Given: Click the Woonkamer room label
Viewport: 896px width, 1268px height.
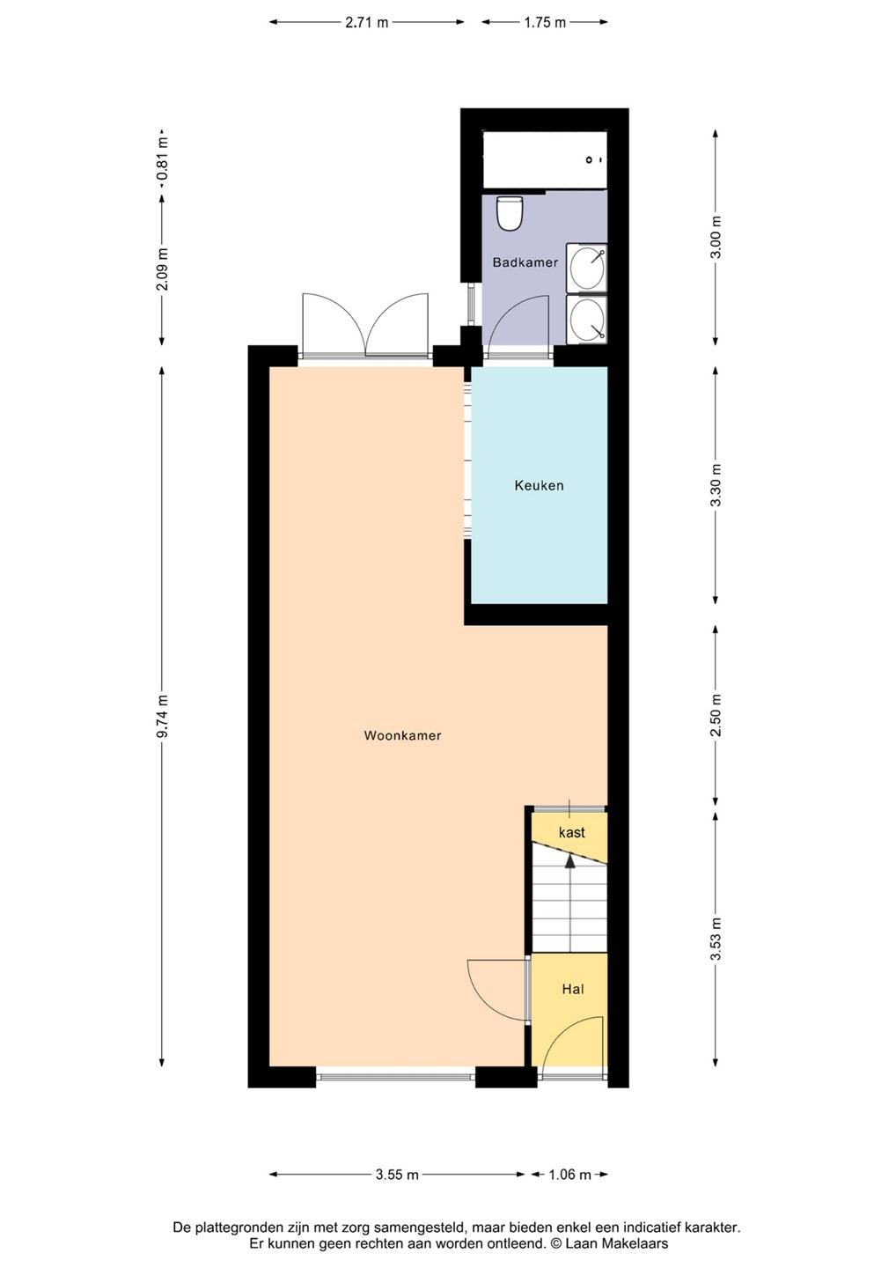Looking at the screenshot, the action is pos(402,735).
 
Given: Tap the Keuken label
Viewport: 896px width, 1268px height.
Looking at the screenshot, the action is pos(539,485).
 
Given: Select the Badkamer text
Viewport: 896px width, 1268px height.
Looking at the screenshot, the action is pos(525,262).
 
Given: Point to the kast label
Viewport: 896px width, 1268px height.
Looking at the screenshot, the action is pos(571,832).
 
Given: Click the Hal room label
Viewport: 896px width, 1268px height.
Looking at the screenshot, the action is pos(573,989).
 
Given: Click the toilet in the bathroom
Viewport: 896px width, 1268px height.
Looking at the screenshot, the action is pos(509,213).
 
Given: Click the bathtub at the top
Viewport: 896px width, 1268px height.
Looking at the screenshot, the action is pos(545,159).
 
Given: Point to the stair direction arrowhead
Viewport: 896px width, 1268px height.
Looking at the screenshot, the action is pos(569,861).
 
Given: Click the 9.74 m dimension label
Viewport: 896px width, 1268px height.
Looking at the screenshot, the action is pos(162,716).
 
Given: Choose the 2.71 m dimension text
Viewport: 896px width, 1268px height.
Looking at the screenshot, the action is pos(366,23).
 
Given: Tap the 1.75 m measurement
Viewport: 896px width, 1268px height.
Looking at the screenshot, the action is pos(544,23).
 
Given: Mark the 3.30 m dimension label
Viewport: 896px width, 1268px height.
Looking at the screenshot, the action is pos(716,485).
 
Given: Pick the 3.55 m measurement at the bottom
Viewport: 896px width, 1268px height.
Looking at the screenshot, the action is pos(397,1175).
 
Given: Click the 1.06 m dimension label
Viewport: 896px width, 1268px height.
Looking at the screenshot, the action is pos(569,1175).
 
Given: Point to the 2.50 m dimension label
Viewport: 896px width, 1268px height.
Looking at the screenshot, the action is pos(716,715).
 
